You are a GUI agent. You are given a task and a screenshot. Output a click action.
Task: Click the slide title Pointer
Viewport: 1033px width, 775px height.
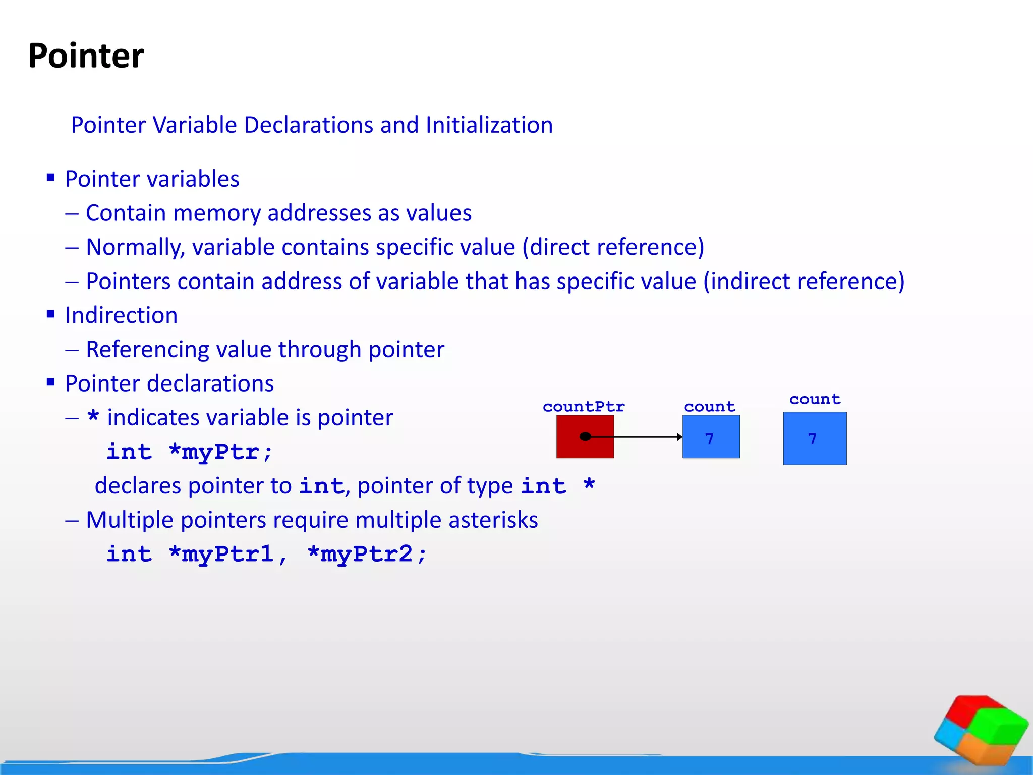pyautogui.click(x=86, y=56)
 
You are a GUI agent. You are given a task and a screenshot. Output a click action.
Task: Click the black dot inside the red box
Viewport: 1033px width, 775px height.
pyautogui.click(x=585, y=436)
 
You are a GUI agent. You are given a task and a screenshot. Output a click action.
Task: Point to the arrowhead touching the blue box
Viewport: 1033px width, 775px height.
pyautogui.click(x=679, y=437)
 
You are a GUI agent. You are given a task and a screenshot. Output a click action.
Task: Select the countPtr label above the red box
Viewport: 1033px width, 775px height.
pyautogui.click(x=584, y=407)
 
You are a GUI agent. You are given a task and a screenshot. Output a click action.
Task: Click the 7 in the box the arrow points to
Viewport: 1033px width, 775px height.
pyautogui.click(x=709, y=438)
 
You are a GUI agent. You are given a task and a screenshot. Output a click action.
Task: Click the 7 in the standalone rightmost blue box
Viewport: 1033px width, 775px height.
pyautogui.click(x=812, y=438)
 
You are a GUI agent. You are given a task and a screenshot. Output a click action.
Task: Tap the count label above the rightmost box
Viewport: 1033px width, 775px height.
pyautogui.click(x=815, y=399)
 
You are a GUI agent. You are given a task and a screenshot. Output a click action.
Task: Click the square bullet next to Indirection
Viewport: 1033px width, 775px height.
pyautogui.click(x=50, y=314)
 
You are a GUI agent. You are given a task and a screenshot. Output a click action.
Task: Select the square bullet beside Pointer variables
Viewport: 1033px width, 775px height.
pyautogui.click(x=50, y=178)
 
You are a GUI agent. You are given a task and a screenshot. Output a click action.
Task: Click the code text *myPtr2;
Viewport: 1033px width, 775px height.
pyautogui.click(x=367, y=554)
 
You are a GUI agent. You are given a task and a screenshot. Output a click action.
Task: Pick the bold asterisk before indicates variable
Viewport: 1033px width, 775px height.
pyautogui.click(x=93, y=417)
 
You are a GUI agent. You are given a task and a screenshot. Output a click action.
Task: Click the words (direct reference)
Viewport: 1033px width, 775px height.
pyautogui.click(x=613, y=247)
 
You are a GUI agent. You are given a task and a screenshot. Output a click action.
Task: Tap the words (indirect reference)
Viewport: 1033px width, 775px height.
pyautogui.click(x=804, y=282)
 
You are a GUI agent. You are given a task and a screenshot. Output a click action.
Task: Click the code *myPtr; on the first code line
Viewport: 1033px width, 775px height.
pyautogui.click(x=220, y=452)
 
